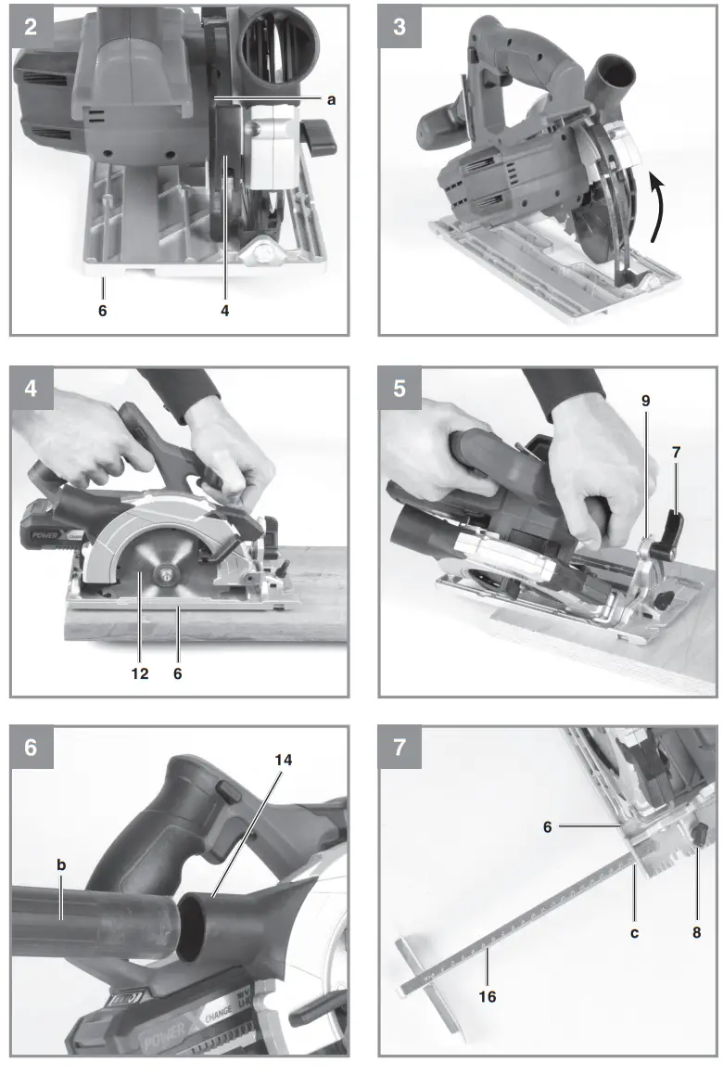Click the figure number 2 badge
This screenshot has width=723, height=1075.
pos(31,26)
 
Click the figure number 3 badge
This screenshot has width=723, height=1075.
pos(400,26)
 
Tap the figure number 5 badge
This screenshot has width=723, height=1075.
pos(400,387)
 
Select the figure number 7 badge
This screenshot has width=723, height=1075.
pos(400,747)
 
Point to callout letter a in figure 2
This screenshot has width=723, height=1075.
pos(330,98)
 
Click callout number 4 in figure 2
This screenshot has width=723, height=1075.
pos(224,311)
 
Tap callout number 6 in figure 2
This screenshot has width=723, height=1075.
pos(102,311)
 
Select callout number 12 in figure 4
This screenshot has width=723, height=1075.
pos(139,673)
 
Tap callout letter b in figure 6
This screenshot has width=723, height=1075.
pos(62,864)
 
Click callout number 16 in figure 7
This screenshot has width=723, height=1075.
pos(488,996)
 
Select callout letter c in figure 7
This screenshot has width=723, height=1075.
pos(634,932)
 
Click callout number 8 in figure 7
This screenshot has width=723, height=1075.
pos(696,932)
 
